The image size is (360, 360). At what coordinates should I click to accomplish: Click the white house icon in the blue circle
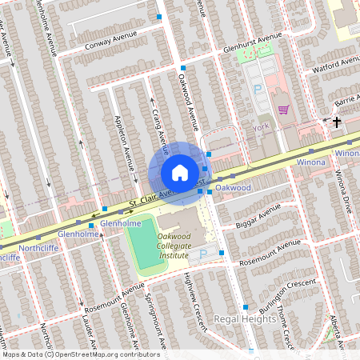[x=179, y=172]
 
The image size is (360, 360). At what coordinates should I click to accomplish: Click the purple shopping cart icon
[x=283, y=110]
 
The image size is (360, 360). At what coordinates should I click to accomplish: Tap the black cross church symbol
[x=337, y=122]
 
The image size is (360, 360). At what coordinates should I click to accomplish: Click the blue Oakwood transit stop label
[x=234, y=187]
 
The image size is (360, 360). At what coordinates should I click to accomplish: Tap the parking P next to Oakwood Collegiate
[x=202, y=254]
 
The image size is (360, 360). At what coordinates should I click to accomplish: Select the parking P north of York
[x=258, y=90]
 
